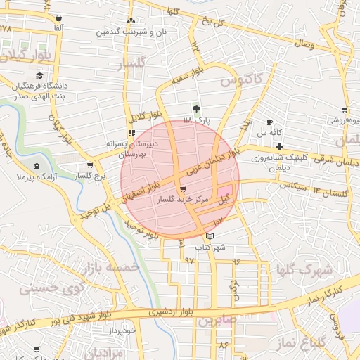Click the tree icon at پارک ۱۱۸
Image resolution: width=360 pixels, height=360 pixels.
196,109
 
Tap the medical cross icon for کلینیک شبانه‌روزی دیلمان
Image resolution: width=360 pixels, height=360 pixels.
280,146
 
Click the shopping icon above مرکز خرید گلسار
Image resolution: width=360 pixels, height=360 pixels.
184,190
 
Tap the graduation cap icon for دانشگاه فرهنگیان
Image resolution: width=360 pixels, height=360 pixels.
39,75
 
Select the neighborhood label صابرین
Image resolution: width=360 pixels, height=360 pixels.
213,321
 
